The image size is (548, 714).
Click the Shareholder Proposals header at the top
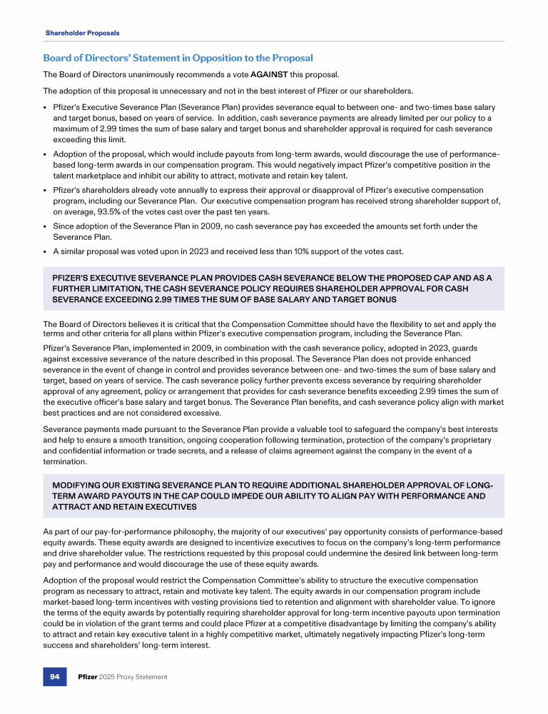pos(82,33)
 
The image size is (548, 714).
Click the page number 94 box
pos(54,676)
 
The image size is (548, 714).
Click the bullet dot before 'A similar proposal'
pos(46,251)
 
